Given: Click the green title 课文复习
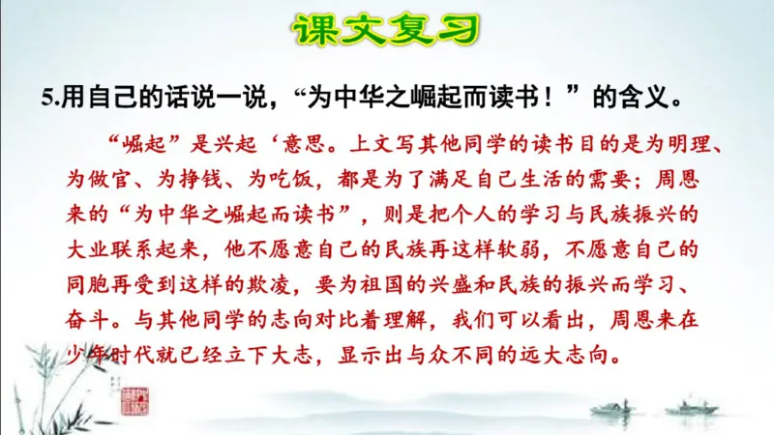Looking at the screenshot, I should coord(386,33).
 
